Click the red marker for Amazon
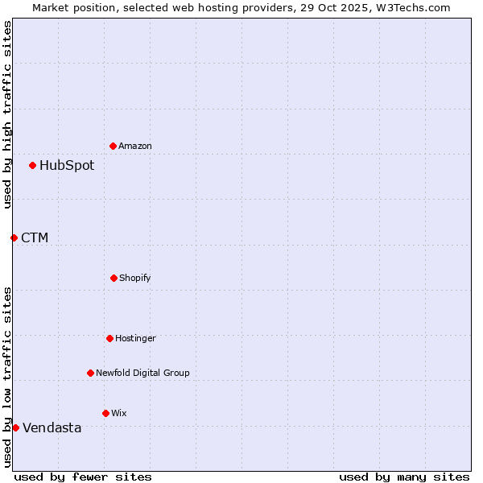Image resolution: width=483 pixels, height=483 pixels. [113, 146]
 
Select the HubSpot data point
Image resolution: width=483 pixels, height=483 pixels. [32, 165]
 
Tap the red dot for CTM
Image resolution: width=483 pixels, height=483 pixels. [14, 237]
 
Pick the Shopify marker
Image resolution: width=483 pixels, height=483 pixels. [114, 278]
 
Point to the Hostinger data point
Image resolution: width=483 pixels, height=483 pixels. [109, 338]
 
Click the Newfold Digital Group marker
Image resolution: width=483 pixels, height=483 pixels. [90, 373]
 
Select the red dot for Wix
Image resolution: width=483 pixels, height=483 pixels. [105, 413]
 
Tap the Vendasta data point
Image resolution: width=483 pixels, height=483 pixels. [15, 427]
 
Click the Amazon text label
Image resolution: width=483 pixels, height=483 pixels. [135, 146]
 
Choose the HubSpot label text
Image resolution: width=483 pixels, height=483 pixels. [67, 165]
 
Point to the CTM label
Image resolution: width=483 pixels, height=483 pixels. [35, 237]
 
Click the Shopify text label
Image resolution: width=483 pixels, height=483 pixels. [135, 278]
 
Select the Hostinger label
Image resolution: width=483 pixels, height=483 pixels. [135, 338]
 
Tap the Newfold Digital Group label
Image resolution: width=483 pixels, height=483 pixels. [142, 373]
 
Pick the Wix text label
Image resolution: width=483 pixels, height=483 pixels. [119, 413]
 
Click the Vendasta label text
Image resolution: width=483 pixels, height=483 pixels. [52, 427]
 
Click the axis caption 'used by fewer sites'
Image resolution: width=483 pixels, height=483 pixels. [83, 477]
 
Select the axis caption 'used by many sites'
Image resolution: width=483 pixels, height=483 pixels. [404, 477]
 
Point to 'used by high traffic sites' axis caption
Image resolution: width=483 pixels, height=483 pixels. [7, 114]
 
